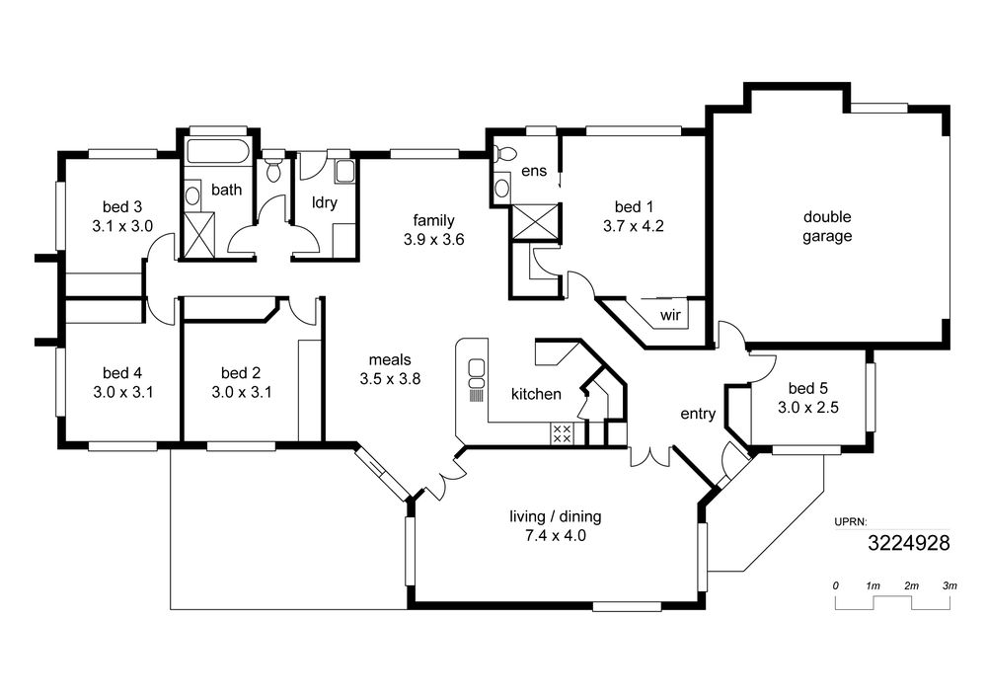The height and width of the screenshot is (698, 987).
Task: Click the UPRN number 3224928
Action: [908, 543]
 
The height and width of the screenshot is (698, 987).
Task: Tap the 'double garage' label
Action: [827, 227]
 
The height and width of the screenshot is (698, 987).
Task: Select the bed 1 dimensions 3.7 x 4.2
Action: [634, 226]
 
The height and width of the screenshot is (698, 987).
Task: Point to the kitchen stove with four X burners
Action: [562, 433]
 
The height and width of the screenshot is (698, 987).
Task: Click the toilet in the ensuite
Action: [503, 153]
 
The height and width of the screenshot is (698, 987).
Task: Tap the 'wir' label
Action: [670, 315]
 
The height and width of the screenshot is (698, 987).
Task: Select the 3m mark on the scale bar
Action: [949, 585]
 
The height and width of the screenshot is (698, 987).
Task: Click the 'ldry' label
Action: [325, 202]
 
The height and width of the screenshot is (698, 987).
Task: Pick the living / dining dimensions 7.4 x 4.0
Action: [555, 536]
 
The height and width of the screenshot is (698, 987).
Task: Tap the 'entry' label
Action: [698, 414]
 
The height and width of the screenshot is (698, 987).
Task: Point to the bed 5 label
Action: [807, 388]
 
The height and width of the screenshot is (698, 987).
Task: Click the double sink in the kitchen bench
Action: [477, 374]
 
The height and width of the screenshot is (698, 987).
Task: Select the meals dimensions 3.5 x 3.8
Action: [390, 379]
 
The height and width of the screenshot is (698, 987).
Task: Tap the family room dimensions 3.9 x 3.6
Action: [433, 240]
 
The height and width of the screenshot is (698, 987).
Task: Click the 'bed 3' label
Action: [122, 206]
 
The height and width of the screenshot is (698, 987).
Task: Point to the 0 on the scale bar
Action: [835, 585]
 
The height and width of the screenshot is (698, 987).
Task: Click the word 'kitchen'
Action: [536, 394]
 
